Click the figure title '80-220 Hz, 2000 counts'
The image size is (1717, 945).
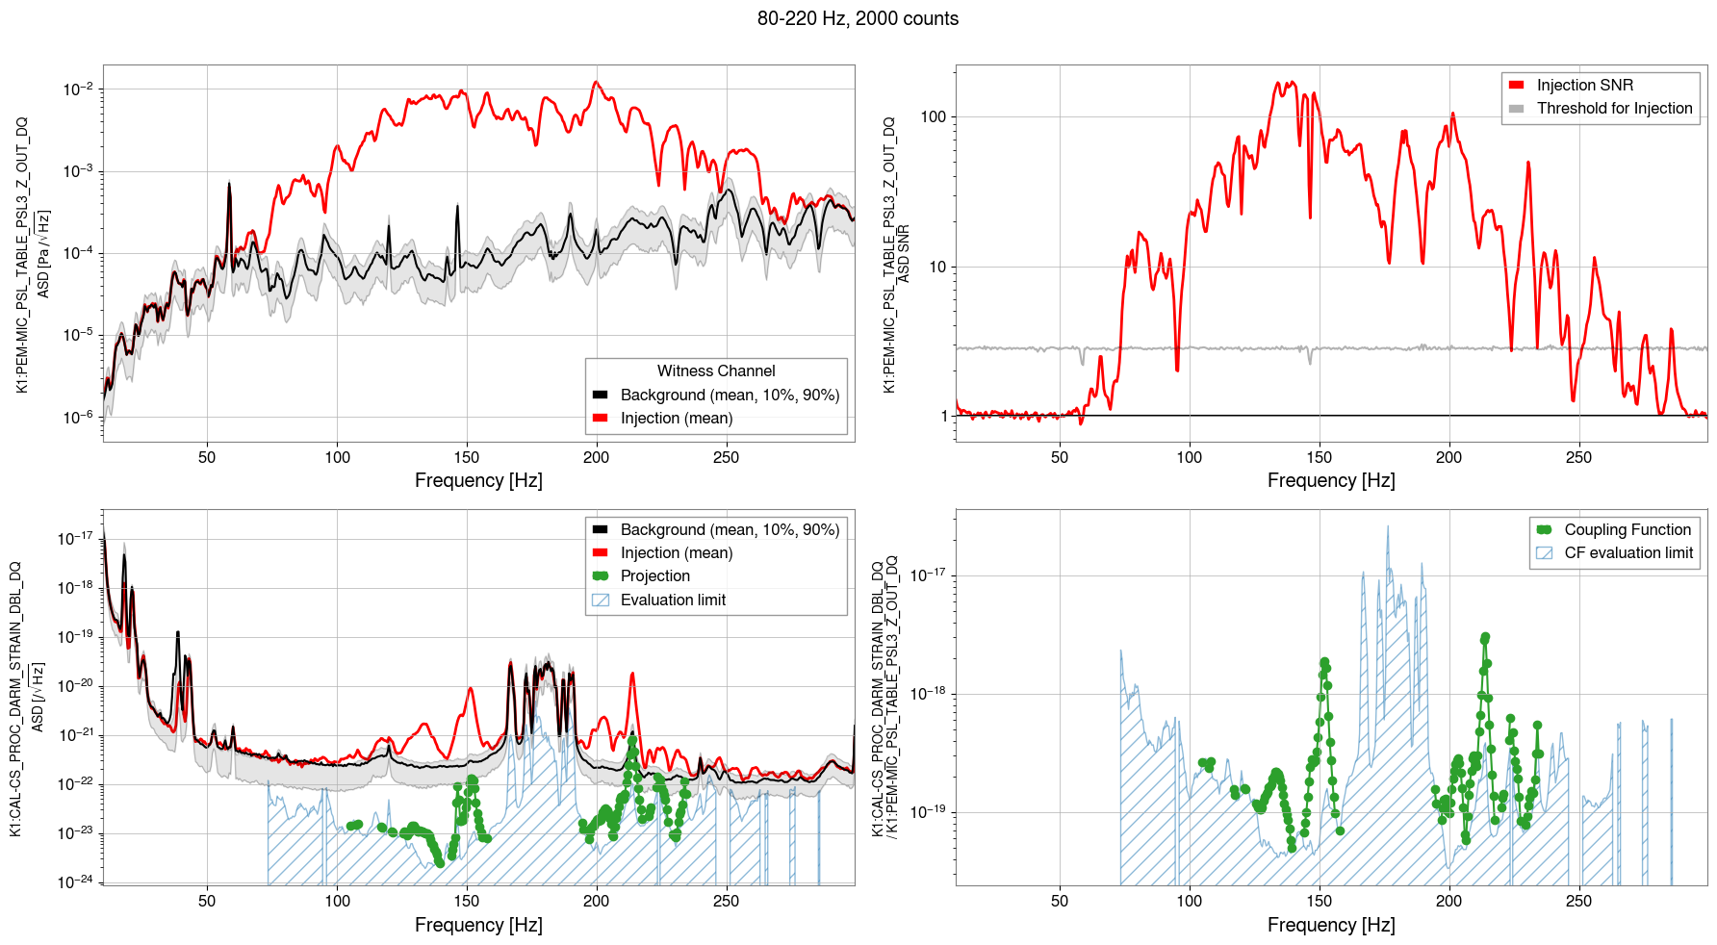[x=858, y=18]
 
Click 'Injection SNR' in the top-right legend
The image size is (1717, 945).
[x=1584, y=85]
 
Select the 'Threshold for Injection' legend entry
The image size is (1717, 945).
[x=1614, y=108]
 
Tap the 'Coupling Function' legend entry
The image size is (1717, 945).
[x=1627, y=529]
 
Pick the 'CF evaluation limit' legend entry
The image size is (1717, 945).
[x=1627, y=552]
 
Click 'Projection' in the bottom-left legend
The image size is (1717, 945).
[x=654, y=575]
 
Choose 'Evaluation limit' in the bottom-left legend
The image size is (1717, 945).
[x=673, y=600]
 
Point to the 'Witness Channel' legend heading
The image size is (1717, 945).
[x=716, y=370]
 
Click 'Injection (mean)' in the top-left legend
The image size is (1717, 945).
[x=676, y=418]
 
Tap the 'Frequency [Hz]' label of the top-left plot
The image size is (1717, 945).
[x=478, y=480]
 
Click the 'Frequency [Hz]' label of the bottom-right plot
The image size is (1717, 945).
[x=1331, y=925]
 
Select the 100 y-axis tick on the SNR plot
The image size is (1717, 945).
[x=934, y=116]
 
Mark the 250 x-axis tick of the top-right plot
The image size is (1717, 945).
[x=1578, y=457]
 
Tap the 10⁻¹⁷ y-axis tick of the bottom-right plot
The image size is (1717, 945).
[x=931, y=575]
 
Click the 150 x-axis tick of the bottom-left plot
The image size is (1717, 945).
[x=467, y=901]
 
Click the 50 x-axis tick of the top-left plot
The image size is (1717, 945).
[x=207, y=457]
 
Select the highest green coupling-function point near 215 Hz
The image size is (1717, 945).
[x=1485, y=637]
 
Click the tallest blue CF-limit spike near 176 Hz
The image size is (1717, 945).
[x=1388, y=526]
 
